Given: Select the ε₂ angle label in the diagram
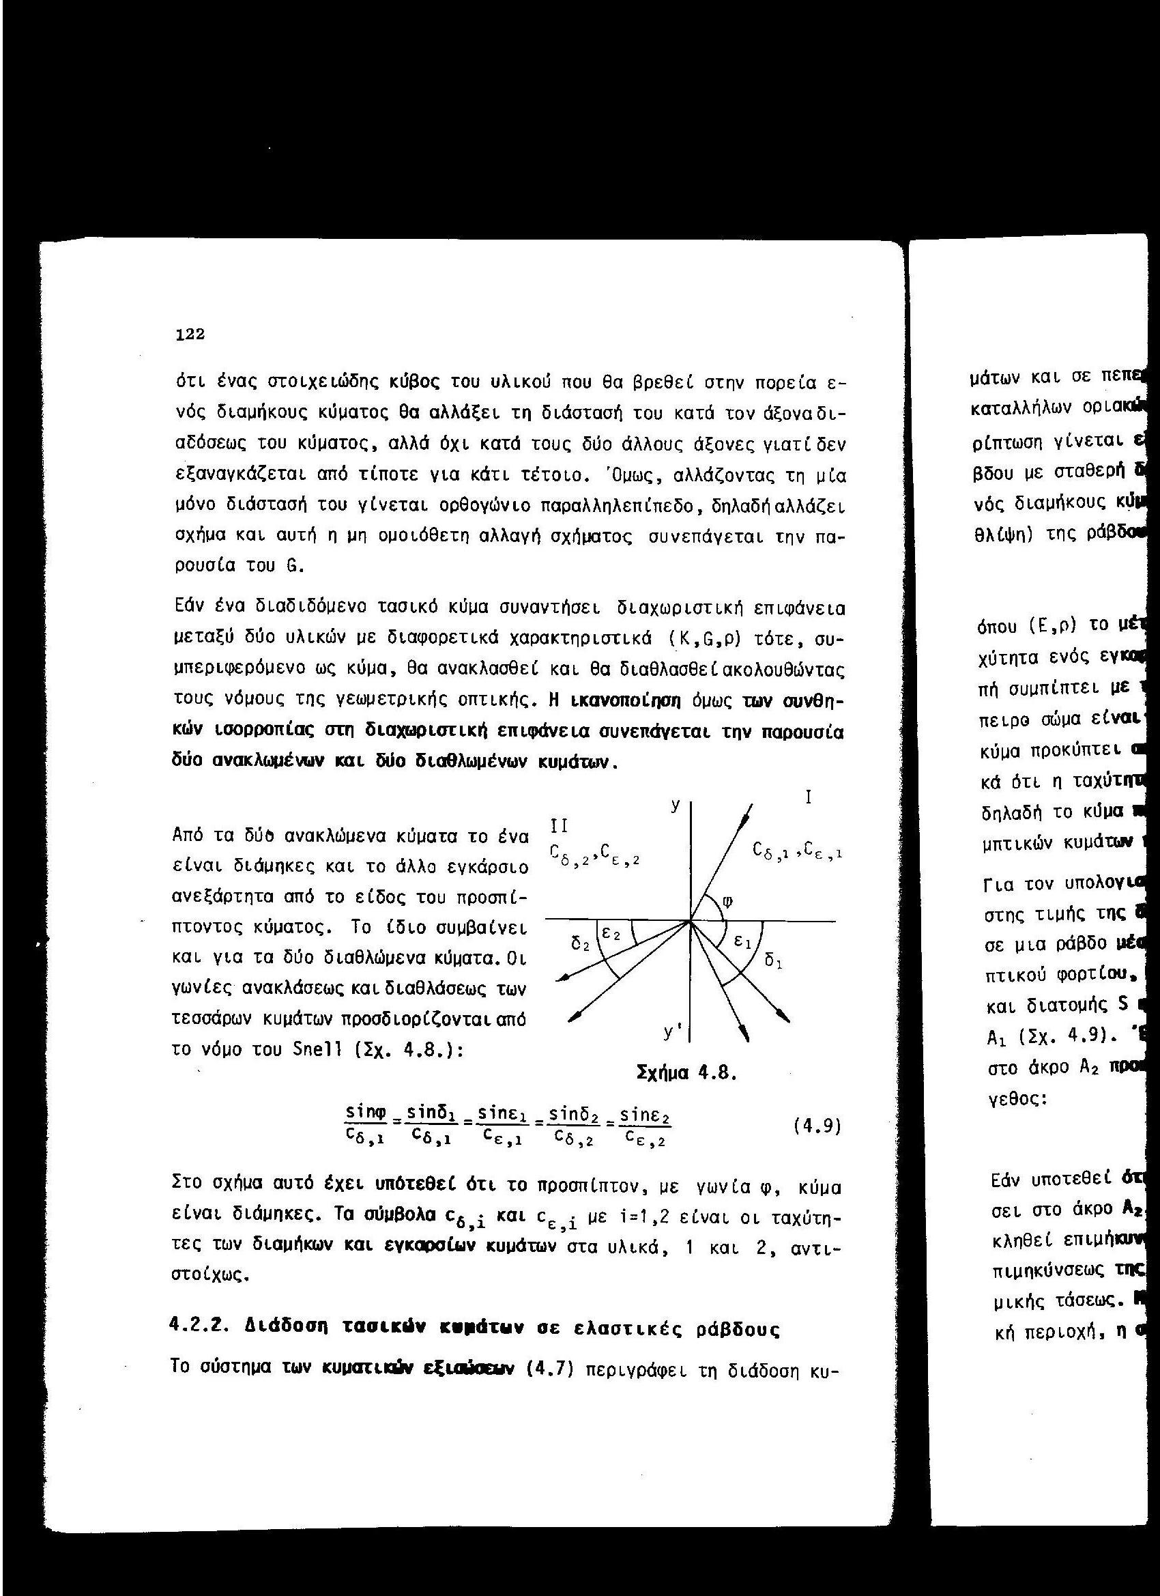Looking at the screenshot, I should click(x=613, y=935).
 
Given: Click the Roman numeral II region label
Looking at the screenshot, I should click(x=558, y=825).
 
